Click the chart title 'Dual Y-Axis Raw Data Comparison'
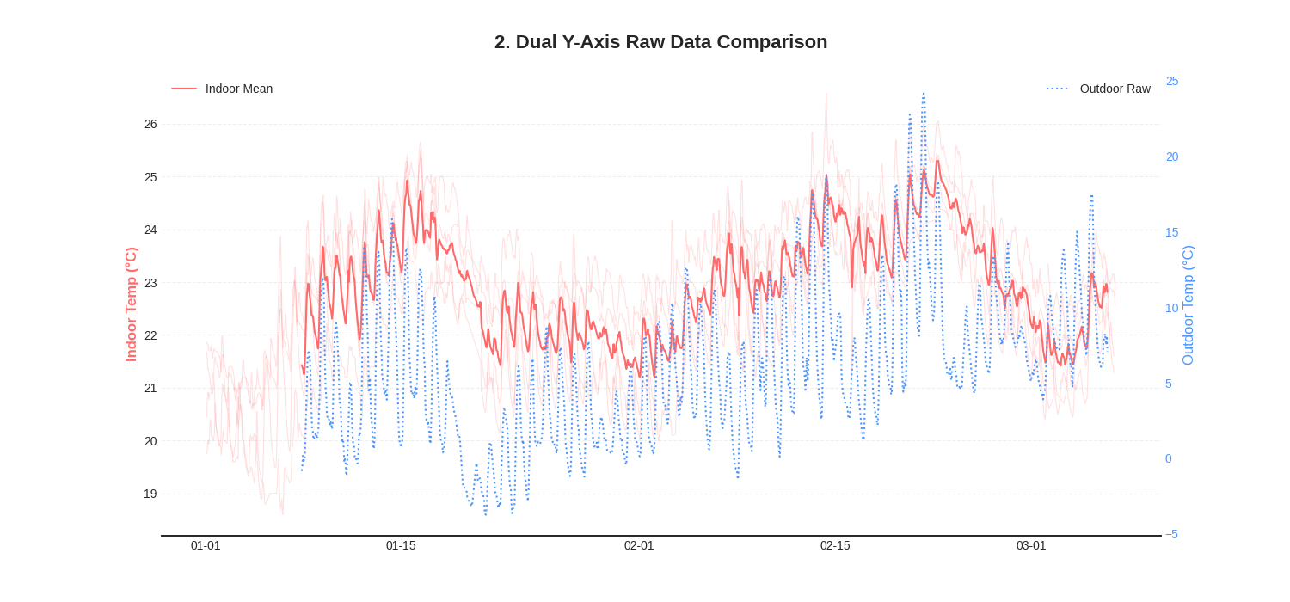click(660, 42)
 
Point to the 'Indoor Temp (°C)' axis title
click(132, 304)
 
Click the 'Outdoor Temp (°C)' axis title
click(1188, 305)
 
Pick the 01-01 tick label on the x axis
click(206, 545)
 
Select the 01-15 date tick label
click(401, 545)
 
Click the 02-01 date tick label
click(639, 545)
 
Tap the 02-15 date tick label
click(835, 545)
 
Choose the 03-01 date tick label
click(1031, 545)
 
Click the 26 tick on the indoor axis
click(150, 124)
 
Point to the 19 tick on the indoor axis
click(150, 494)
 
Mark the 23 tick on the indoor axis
click(150, 283)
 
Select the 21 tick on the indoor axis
click(150, 388)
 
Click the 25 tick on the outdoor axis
click(1172, 81)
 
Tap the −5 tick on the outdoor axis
click(1171, 534)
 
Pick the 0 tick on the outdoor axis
click(1169, 458)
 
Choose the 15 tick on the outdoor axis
click(1172, 232)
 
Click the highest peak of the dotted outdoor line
click(924, 94)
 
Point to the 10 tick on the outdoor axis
click(1172, 308)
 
